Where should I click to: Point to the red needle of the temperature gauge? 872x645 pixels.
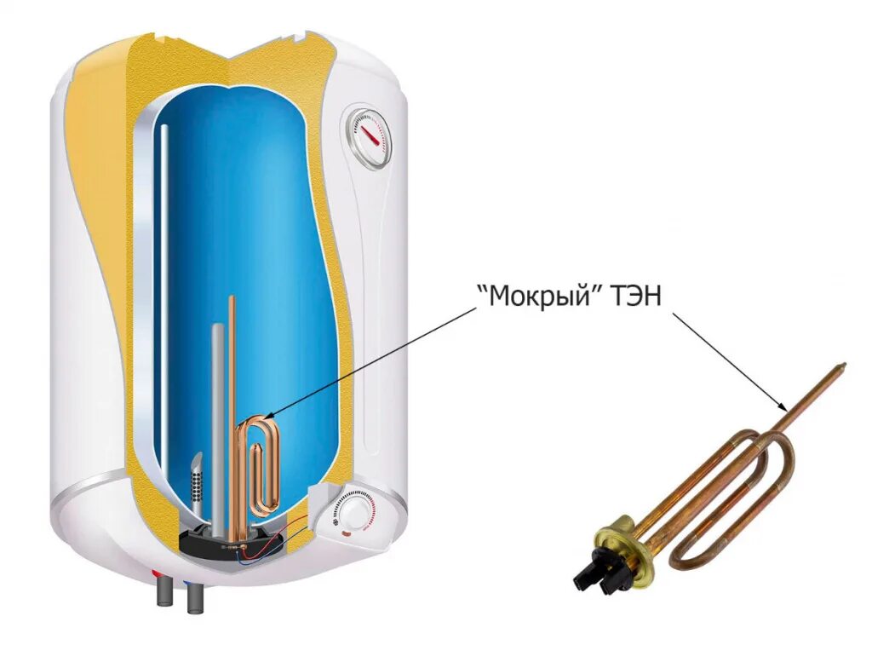369,132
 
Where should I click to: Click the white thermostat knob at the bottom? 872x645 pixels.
351,512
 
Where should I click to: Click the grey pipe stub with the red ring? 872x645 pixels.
162,592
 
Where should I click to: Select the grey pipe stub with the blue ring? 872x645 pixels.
192,594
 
